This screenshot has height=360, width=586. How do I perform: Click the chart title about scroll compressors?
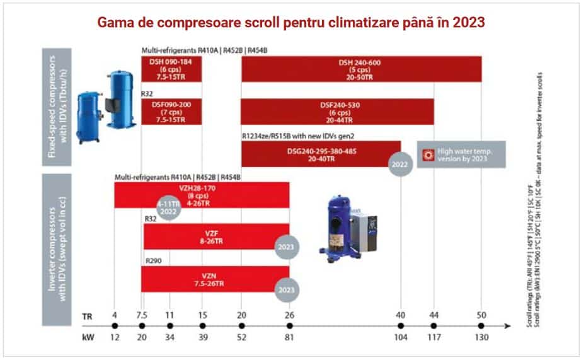(290, 23)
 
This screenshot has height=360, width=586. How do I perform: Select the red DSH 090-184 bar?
(171, 69)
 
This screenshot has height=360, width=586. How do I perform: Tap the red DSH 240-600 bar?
(362, 69)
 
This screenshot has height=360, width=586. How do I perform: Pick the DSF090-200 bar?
(171, 112)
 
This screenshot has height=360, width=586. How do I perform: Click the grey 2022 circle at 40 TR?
(401, 163)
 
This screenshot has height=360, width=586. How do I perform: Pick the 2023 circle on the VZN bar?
(287, 290)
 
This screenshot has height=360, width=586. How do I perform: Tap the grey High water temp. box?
(462, 154)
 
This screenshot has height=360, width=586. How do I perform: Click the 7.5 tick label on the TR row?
(142, 315)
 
